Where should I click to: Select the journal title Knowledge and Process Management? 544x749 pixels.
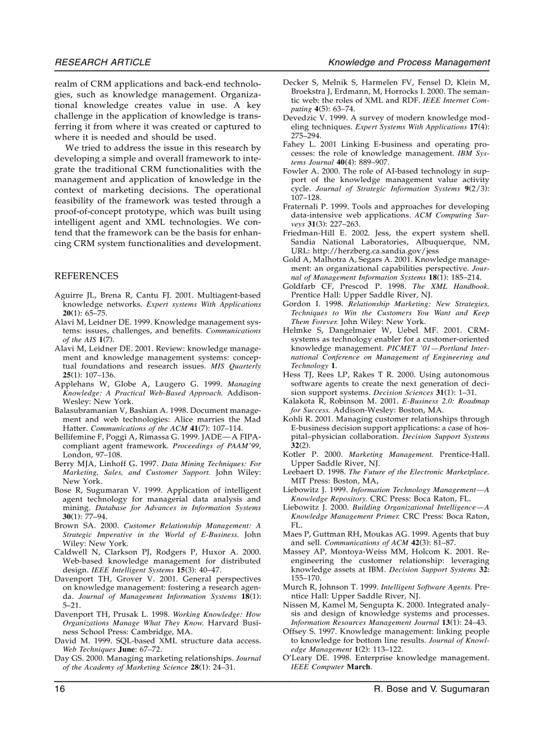tap(409, 62)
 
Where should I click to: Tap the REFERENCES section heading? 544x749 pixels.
tap(86, 275)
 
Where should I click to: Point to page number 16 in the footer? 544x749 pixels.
tap(60, 688)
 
